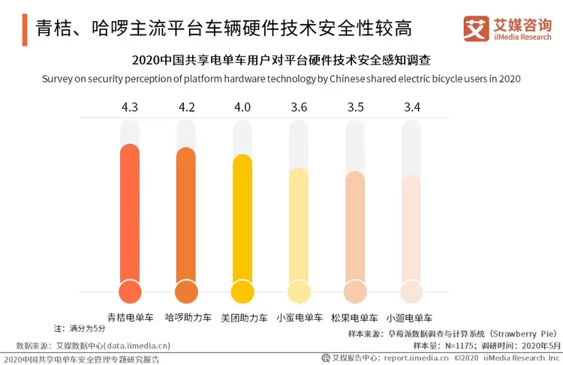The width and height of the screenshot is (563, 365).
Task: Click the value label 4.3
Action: [x=130, y=107]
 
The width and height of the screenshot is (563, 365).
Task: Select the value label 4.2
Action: [x=187, y=107]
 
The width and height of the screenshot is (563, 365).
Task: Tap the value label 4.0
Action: [x=242, y=107]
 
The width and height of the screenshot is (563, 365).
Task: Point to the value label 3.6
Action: [x=299, y=107]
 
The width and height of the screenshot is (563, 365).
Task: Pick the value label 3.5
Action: [x=355, y=107]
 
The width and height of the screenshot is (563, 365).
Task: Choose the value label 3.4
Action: [x=411, y=107]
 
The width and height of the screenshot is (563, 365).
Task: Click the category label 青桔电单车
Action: [x=131, y=317]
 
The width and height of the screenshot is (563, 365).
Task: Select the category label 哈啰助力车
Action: [x=187, y=317]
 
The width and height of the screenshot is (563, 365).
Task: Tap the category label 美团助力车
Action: [x=243, y=317]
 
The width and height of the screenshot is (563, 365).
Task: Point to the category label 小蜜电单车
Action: [x=300, y=317]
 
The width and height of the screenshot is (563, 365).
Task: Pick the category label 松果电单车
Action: [x=355, y=317]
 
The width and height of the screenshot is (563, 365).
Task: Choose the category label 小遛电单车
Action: [x=411, y=317]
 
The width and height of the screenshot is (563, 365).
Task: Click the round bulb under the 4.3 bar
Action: [x=131, y=292]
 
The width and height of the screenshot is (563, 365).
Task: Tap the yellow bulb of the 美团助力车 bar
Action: [x=243, y=292]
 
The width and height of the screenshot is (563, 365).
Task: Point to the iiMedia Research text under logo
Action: [x=522, y=37]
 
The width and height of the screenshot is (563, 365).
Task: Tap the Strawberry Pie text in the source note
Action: [x=519, y=333]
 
